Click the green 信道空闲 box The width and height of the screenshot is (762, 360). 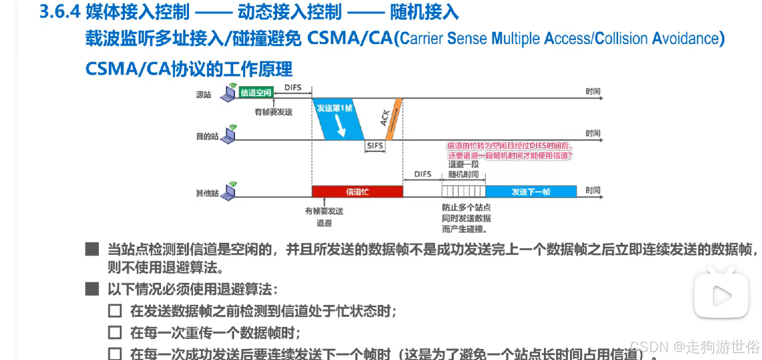pos(256,93)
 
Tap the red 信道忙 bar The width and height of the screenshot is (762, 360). pos(357,192)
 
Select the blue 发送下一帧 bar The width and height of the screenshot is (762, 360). pos(531,192)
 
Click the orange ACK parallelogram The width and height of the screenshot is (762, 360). pos(394,119)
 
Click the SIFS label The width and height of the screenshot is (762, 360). pos(375,146)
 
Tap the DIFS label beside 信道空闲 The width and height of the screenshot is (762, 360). pos(293,88)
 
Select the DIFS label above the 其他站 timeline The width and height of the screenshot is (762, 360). pos(423,174)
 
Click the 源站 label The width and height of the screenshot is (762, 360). pos(204,95)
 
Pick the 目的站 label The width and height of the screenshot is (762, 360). pos(207,136)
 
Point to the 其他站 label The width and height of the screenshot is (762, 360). pos(207,193)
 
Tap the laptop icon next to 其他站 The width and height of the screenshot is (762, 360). pos(230,191)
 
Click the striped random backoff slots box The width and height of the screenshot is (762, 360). pos(463,192)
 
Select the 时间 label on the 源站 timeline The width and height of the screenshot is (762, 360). pos(593,92)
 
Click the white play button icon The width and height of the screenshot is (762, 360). pos(721,296)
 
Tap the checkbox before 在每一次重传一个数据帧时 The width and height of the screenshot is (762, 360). pos(115,332)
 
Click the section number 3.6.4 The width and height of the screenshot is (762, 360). pos(60,12)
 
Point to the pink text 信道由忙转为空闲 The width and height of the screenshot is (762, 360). pos(509,146)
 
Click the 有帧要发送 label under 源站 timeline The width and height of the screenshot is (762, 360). pos(273,112)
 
